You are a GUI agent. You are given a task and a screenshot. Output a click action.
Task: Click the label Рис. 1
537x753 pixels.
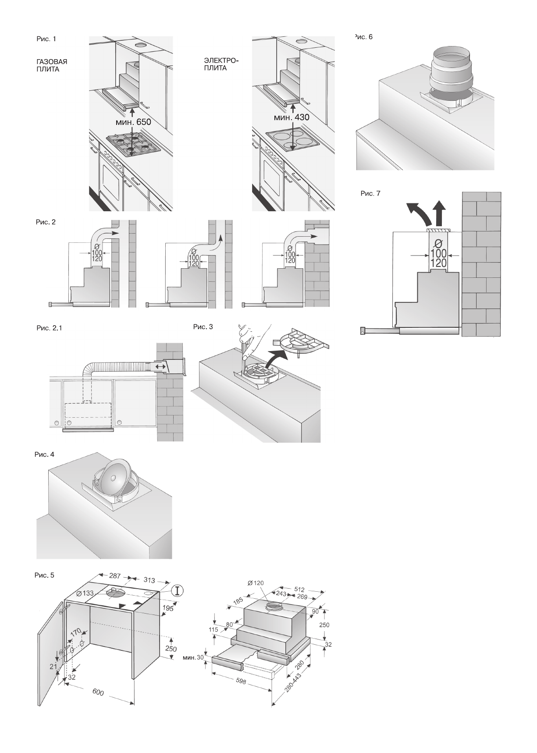pos(46,39)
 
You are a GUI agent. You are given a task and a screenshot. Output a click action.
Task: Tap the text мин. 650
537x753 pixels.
pos(133,122)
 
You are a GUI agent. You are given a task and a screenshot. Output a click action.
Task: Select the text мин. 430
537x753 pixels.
pos(292,117)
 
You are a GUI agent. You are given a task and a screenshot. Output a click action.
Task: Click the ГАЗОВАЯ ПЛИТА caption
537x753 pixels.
pos(52,66)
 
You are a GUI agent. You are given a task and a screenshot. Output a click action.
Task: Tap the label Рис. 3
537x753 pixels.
pos(203,327)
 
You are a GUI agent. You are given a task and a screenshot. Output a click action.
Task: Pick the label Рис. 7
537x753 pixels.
pos(370,193)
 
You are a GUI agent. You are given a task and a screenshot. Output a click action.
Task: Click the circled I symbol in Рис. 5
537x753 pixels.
pos(177,590)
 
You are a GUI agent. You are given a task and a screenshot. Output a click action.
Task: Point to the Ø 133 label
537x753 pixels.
pos(85,593)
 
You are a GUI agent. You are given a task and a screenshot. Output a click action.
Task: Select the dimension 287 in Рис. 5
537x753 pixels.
pos(114,576)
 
